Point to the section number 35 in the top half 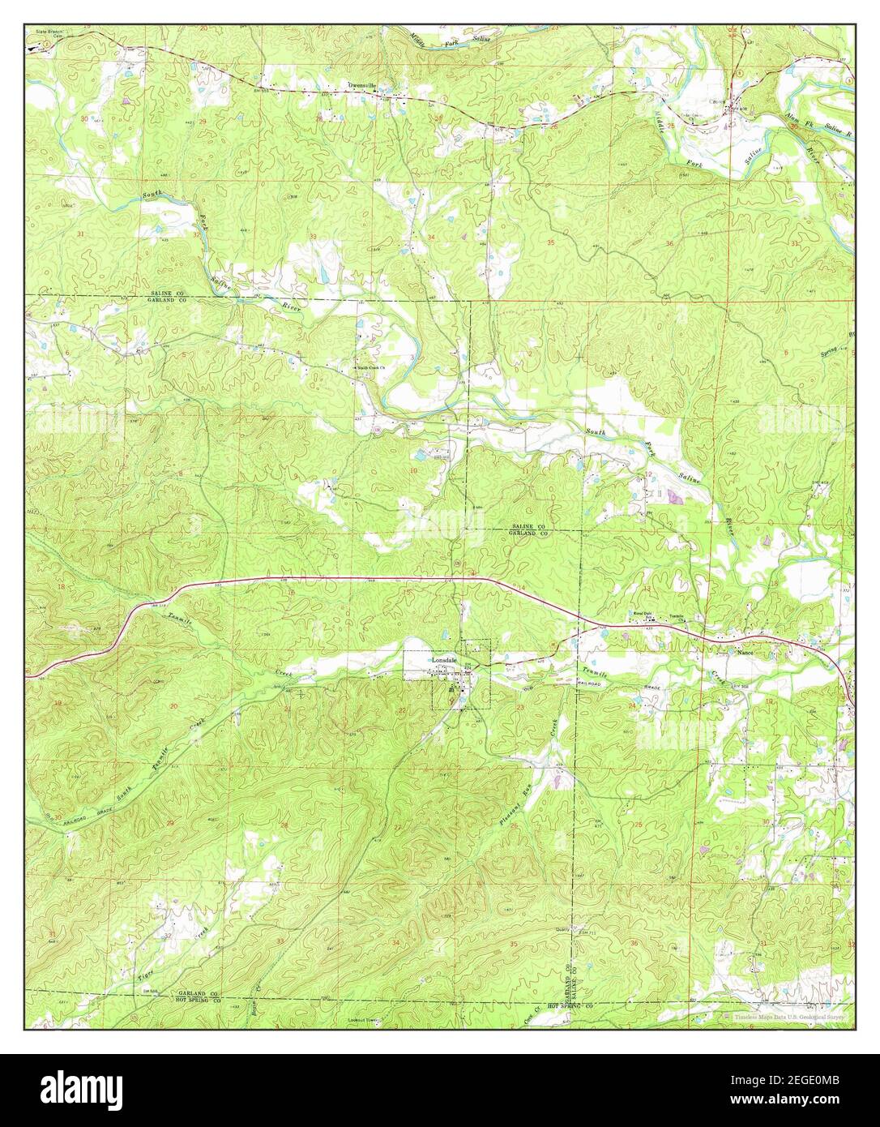pyautogui.click(x=551, y=242)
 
